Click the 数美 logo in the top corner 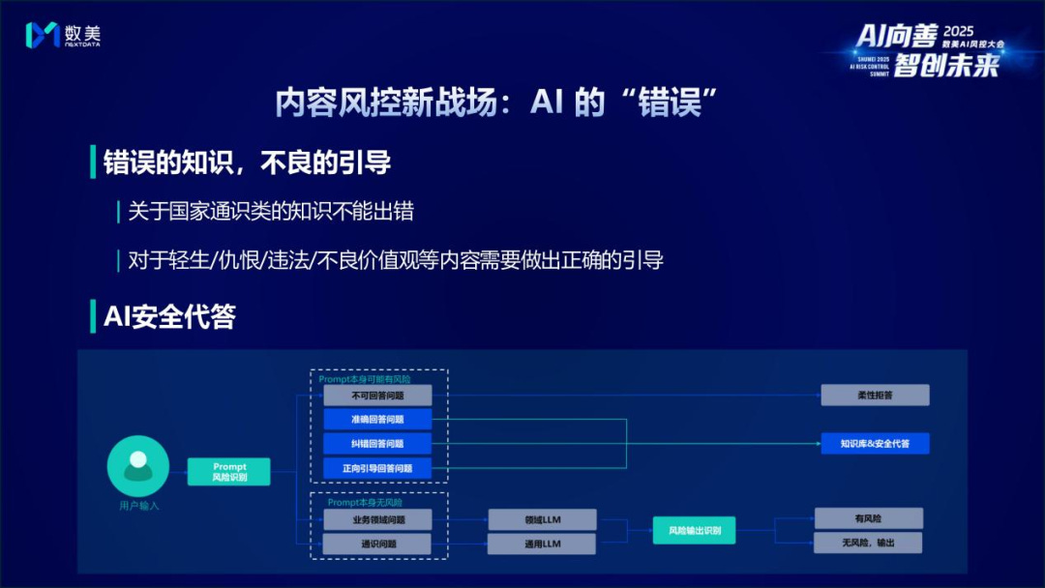pyautogui.click(x=63, y=36)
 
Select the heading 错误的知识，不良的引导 pyautogui.click(x=247, y=162)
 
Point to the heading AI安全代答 pyautogui.click(x=169, y=316)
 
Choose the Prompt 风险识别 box pyautogui.click(x=229, y=472)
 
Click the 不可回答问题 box pyautogui.click(x=377, y=395)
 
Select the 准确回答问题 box pyautogui.click(x=377, y=419)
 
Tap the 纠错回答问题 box pyautogui.click(x=377, y=443)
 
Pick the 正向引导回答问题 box pyautogui.click(x=377, y=468)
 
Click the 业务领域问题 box pyautogui.click(x=377, y=519)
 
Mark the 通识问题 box pyautogui.click(x=377, y=544)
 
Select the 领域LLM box pyautogui.click(x=541, y=519)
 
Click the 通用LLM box pyautogui.click(x=541, y=544)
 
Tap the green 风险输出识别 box pyautogui.click(x=694, y=530)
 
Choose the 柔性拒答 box pyautogui.click(x=875, y=395)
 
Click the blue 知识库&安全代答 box pyautogui.click(x=875, y=443)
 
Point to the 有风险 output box pyautogui.click(x=868, y=518)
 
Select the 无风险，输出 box pyautogui.click(x=868, y=543)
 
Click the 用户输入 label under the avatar pyautogui.click(x=138, y=505)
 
